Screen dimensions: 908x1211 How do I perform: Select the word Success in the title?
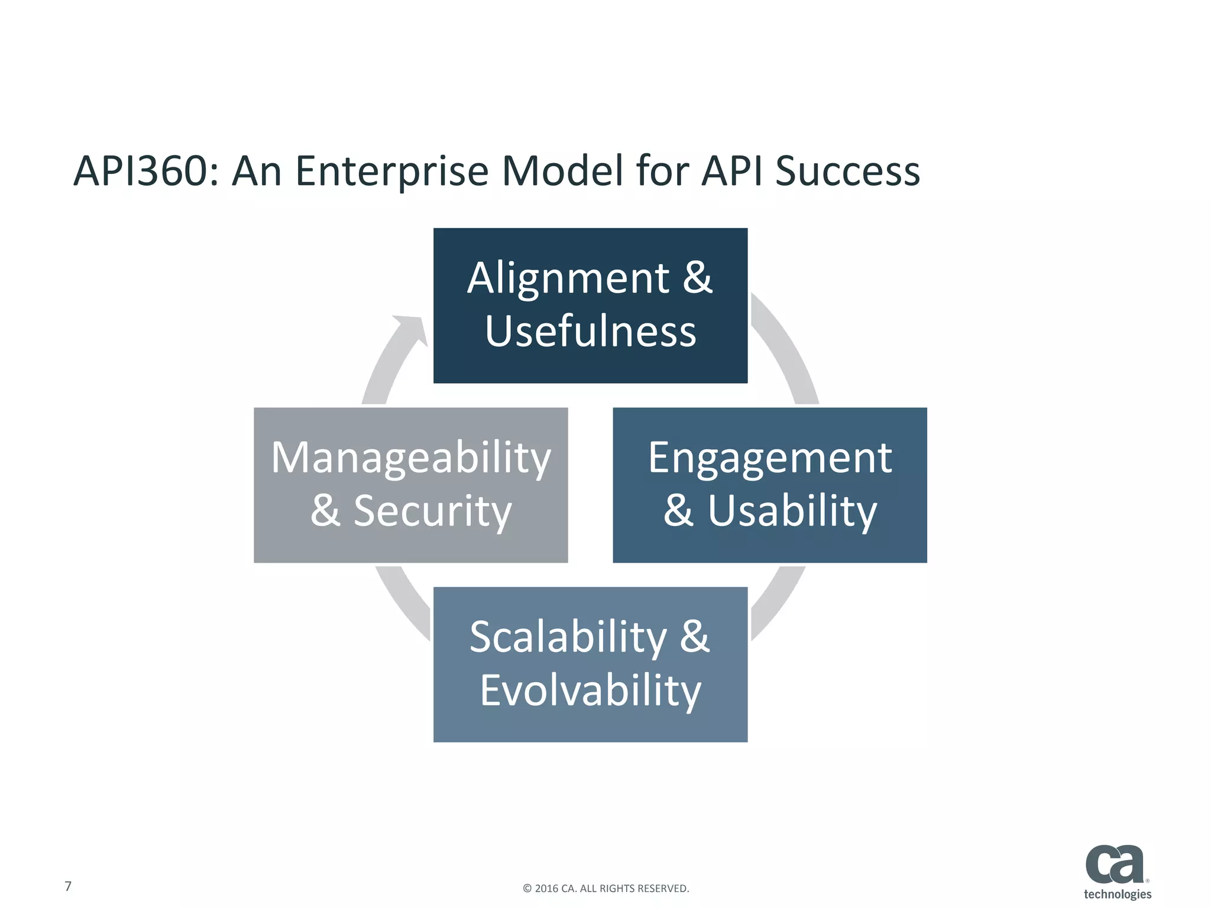(847, 171)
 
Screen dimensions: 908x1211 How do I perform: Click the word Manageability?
(411, 458)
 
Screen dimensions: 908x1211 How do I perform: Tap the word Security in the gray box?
(432, 511)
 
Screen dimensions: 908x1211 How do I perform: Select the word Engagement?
(770, 458)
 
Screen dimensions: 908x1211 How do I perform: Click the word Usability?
(792, 511)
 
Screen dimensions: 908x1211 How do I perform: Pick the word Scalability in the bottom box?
(568, 637)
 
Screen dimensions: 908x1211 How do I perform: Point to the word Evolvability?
(590, 690)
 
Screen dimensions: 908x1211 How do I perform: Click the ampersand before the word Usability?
(678, 511)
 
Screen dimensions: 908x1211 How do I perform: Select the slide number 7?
(68, 886)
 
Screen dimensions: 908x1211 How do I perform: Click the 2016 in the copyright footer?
(546, 888)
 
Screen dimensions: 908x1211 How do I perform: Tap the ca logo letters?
(1115, 864)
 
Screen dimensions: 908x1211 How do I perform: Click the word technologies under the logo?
(1117, 894)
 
